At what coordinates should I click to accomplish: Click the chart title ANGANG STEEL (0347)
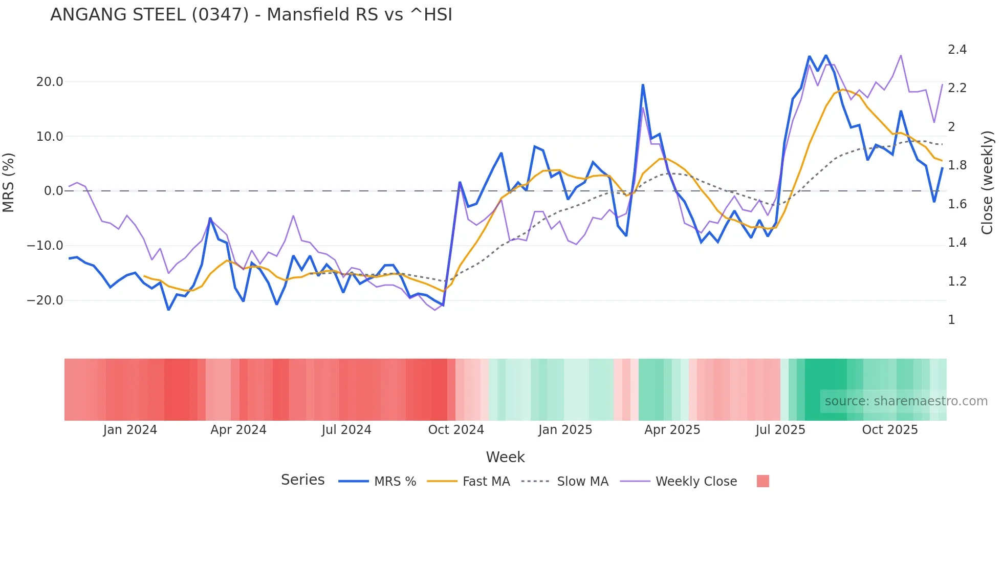[251, 15]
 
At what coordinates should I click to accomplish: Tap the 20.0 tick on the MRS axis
[50, 82]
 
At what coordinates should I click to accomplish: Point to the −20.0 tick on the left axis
[45, 300]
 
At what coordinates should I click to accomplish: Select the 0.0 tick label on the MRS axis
[54, 191]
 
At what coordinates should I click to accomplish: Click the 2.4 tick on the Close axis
[957, 50]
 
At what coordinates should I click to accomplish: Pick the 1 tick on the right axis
[951, 320]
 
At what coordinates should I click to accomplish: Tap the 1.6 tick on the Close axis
[957, 204]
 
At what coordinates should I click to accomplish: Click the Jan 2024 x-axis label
[130, 430]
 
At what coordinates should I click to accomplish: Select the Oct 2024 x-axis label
[456, 430]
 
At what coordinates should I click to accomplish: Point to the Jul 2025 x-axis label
[780, 430]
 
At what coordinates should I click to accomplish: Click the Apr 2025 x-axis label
[672, 430]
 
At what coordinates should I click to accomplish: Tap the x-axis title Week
[505, 457]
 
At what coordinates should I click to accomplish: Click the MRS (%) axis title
[9, 183]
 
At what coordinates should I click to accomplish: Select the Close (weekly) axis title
[987, 183]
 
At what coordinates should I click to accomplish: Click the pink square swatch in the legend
[762, 481]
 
